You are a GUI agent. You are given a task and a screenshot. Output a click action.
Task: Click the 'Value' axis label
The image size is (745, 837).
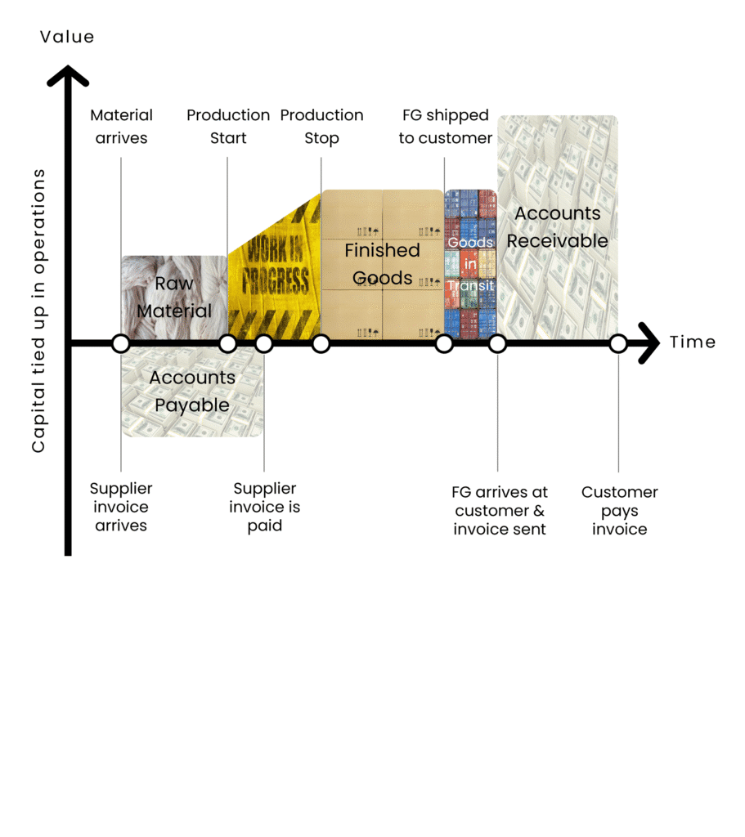click(67, 37)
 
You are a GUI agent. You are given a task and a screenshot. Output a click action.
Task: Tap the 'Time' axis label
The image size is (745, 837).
click(693, 342)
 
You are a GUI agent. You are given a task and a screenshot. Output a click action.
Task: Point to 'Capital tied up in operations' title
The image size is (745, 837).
click(38, 311)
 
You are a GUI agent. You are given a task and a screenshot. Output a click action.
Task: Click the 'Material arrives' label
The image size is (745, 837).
click(122, 127)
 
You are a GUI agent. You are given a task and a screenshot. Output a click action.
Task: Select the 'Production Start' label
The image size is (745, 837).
click(228, 127)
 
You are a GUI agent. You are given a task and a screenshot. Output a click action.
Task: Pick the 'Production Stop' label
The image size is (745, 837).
click(321, 127)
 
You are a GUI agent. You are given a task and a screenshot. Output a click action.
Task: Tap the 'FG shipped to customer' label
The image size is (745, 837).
click(446, 127)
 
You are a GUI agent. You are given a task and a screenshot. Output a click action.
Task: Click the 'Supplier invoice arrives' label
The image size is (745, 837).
click(121, 507)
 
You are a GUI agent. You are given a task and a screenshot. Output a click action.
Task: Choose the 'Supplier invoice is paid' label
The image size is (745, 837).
click(265, 507)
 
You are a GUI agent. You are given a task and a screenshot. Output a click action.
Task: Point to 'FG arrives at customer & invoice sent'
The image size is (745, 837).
click(500, 511)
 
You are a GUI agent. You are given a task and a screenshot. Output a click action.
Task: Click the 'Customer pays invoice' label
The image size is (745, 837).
click(620, 511)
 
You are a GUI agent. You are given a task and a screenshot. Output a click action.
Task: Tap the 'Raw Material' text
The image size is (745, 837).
click(174, 298)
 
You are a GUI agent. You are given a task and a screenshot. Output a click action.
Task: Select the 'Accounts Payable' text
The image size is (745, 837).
click(192, 392)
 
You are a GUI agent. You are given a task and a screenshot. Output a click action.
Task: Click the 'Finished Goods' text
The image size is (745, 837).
click(383, 264)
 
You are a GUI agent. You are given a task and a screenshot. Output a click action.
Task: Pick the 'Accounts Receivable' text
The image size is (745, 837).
click(558, 227)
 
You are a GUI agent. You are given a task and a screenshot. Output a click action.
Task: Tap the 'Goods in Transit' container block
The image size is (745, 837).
click(470, 264)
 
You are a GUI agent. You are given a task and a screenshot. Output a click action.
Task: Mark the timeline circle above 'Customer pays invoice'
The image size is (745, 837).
click(618, 343)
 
